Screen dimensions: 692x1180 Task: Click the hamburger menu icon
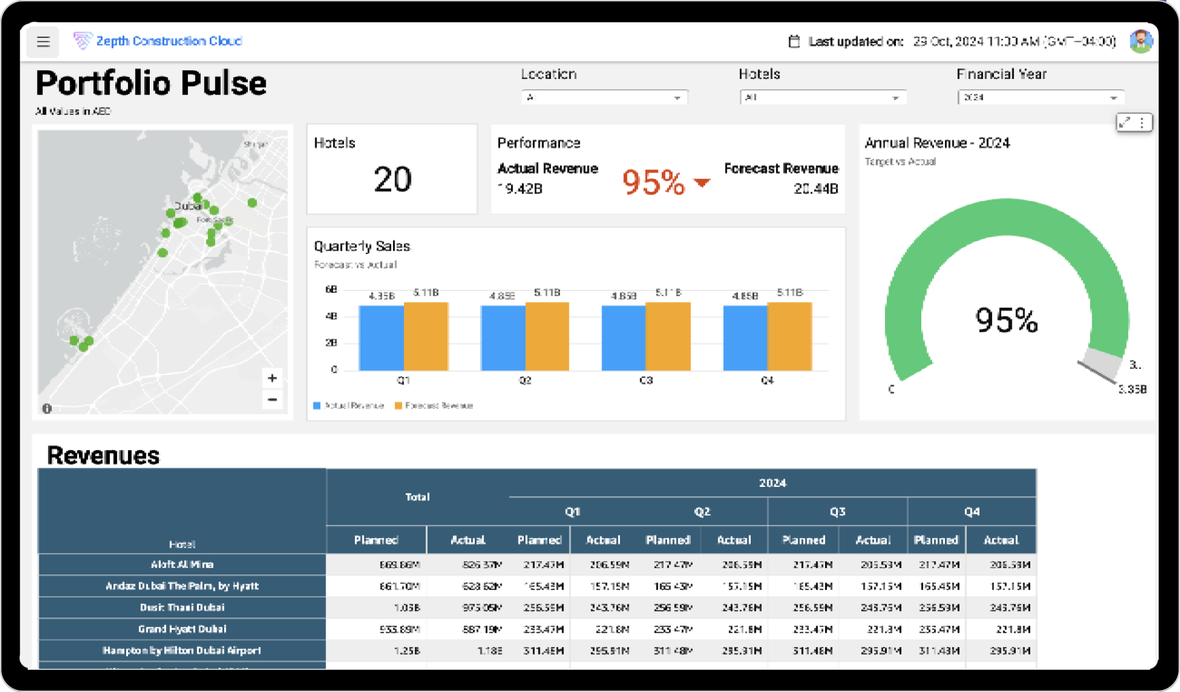click(43, 41)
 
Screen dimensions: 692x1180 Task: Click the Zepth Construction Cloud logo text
click(169, 41)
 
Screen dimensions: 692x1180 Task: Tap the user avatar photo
click(1140, 41)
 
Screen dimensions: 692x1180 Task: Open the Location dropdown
click(604, 97)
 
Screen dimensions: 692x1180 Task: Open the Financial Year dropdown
click(1040, 97)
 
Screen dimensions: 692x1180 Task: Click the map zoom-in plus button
click(273, 378)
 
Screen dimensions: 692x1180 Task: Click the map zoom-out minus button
click(273, 399)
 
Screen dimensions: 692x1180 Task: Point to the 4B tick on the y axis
click(331, 316)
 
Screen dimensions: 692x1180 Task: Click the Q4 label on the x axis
click(767, 380)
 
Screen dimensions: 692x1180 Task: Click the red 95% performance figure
click(653, 182)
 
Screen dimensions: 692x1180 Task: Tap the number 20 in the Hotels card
click(392, 179)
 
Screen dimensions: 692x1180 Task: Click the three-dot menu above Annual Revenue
click(1142, 123)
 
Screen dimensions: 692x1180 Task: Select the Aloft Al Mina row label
click(182, 565)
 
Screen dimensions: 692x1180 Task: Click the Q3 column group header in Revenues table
click(837, 512)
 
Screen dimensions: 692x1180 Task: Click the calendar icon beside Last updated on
click(794, 41)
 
